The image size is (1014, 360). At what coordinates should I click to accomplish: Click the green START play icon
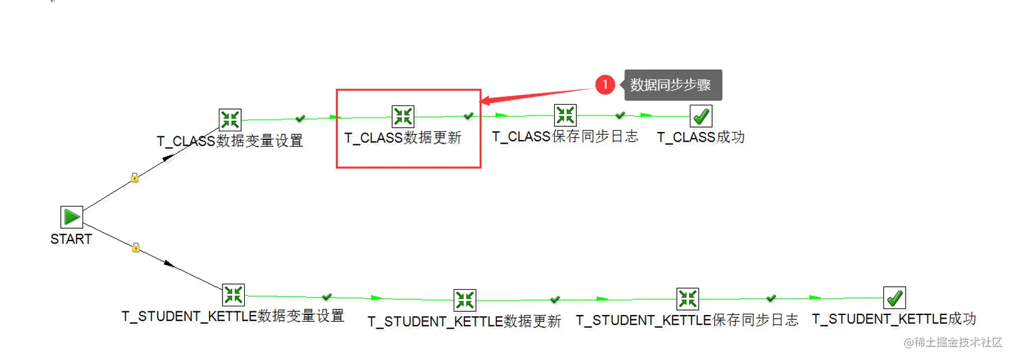72,217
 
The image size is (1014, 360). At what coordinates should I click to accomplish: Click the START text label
71,239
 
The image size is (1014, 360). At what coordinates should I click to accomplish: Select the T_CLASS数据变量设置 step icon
230,120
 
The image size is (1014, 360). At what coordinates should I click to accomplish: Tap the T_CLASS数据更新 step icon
403,117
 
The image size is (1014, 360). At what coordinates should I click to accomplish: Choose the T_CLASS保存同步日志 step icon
565,115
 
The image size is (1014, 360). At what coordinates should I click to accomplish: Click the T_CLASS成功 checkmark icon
701,116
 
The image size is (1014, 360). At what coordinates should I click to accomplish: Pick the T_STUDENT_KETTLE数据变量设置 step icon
233,295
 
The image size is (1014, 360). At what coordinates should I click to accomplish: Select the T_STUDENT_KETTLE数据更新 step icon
465,300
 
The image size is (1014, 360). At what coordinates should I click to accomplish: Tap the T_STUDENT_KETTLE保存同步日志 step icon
688,299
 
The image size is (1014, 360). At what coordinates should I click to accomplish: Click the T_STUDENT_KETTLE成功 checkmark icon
894,298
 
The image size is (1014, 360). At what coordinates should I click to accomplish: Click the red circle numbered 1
605,84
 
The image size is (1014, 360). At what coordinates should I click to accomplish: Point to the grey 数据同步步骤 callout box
673,84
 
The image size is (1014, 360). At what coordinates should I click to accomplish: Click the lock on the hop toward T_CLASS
134,178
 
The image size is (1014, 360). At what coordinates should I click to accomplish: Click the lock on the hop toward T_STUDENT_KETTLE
136,247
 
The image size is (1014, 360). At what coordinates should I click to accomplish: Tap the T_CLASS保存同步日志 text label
565,137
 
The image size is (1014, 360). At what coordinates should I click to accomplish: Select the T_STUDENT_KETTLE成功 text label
894,319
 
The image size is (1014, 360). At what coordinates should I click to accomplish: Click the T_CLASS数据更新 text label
403,137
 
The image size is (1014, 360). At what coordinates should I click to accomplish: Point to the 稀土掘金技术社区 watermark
954,342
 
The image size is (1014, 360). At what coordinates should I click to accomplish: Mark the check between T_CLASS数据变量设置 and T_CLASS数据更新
300,118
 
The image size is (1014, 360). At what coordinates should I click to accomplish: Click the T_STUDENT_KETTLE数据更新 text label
464,322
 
